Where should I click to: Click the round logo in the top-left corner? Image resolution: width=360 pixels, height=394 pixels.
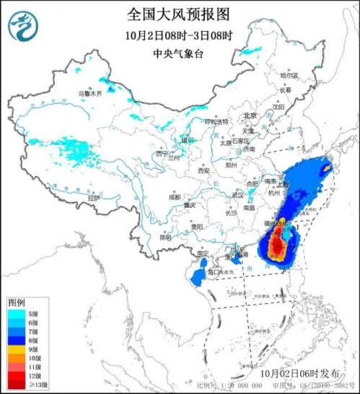[23, 27]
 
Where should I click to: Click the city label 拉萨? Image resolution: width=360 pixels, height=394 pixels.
[92, 197]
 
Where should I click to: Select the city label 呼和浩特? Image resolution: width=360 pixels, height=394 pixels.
[217, 122]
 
